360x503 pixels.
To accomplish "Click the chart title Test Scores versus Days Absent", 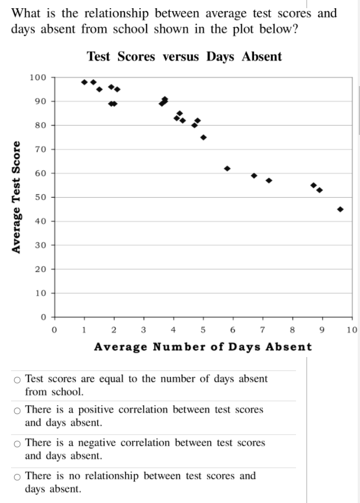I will click(x=184, y=56).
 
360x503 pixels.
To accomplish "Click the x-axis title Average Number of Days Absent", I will click(x=202, y=347).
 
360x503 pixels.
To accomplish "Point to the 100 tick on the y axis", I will click(x=38, y=77).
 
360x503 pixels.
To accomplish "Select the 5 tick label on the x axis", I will click(x=202, y=330).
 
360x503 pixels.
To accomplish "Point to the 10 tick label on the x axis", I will click(x=351, y=330).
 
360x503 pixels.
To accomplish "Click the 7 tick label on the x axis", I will click(x=262, y=330).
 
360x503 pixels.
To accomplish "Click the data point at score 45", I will click(x=340, y=209).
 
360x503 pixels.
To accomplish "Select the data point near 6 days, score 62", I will click(x=227, y=169).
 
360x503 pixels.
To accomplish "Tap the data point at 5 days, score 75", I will click(x=204, y=137).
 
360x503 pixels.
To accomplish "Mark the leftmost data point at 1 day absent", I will click(x=84, y=82).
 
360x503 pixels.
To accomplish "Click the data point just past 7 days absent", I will click(x=269, y=180).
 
